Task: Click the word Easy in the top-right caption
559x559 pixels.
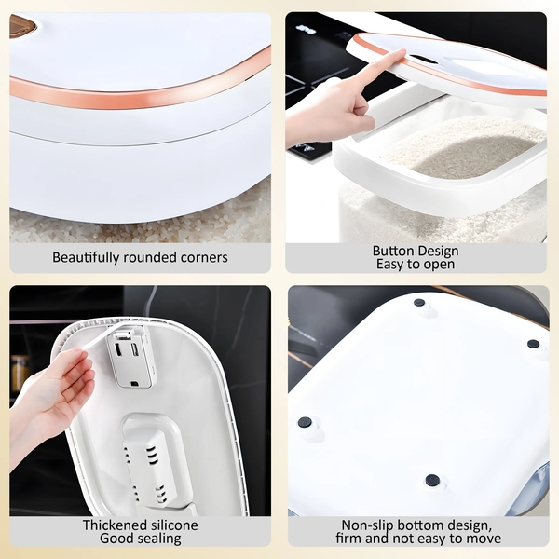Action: [389, 265]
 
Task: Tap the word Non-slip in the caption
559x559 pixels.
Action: [367, 525]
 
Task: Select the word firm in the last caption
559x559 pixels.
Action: [347, 539]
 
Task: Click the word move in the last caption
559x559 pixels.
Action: [484, 539]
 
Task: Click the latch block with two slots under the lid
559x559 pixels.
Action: [130, 357]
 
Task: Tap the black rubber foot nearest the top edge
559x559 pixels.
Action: [419, 303]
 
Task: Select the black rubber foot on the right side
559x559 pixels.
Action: [533, 344]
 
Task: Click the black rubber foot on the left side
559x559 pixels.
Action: [305, 422]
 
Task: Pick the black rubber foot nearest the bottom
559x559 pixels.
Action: [432, 481]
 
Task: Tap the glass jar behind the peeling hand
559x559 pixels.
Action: [20, 374]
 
